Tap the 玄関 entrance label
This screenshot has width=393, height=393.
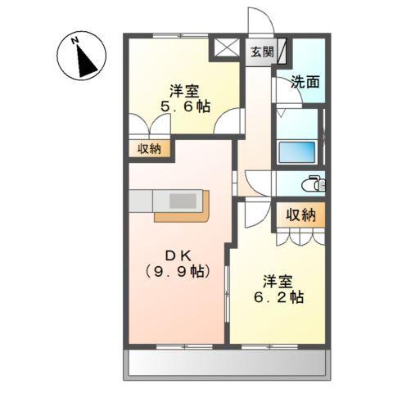tap(261, 52)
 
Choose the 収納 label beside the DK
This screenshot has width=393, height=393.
tap(149, 149)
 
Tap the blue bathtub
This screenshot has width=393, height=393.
tap(298, 153)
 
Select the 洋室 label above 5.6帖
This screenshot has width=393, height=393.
tap(184, 89)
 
